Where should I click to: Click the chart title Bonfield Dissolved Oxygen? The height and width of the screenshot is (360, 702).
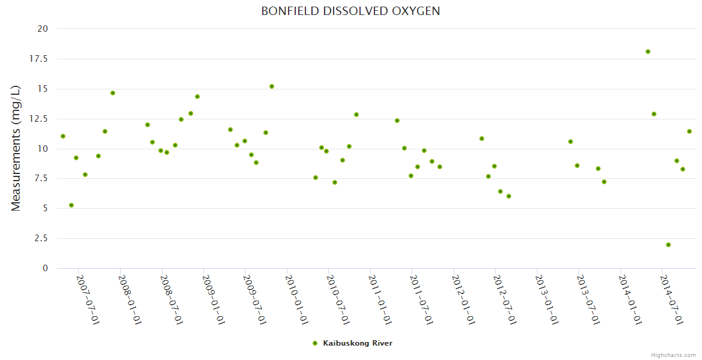[x=350, y=11]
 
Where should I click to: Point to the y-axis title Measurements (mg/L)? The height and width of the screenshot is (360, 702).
[x=16, y=148]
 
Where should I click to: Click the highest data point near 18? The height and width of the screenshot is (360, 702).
[x=648, y=52]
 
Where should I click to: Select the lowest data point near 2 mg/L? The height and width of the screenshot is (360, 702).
[x=668, y=245]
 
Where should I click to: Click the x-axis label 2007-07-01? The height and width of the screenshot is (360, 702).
[x=88, y=299]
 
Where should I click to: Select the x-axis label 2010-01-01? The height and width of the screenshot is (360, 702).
[x=296, y=299]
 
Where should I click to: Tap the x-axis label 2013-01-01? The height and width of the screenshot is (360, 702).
[x=547, y=299]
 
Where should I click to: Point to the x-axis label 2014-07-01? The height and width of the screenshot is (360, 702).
[x=672, y=299]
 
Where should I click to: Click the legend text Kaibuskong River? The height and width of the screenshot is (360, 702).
[x=358, y=343]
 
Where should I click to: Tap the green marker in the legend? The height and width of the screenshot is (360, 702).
[x=314, y=343]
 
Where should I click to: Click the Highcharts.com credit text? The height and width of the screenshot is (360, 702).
[x=673, y=355]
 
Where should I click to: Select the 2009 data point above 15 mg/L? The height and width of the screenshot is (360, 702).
[x=272, y=86]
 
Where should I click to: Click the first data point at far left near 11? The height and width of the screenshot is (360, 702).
[x=63, y=136]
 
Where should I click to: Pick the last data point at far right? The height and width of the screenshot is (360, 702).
[x=689, y=131]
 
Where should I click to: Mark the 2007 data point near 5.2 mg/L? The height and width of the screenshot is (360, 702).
[x=71, y=205]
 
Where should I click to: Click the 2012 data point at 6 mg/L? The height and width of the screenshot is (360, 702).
[x=509, y=196]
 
